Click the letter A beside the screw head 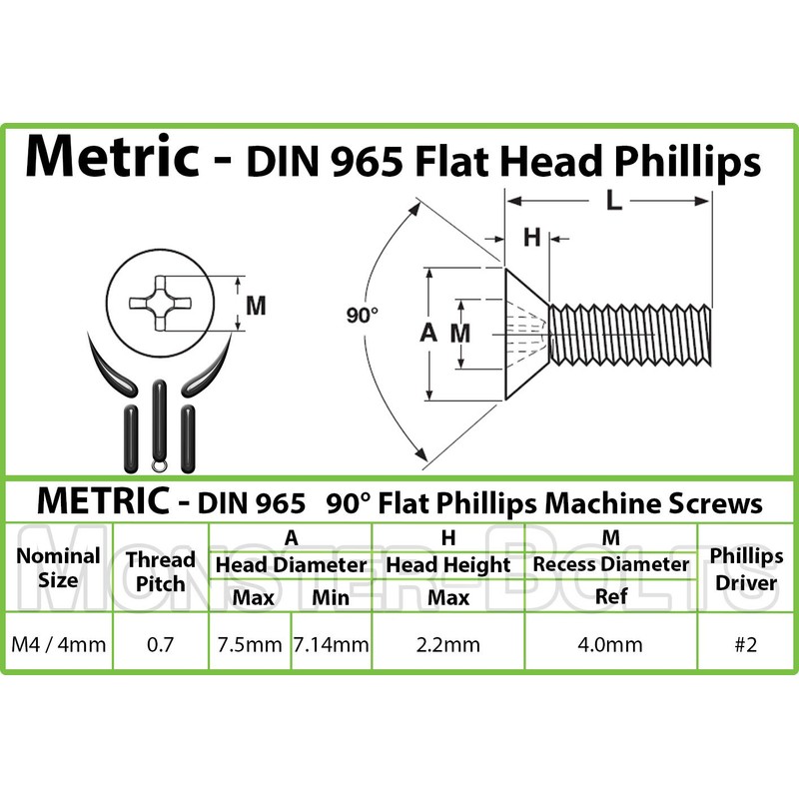[429, 335]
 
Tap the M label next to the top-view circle [256, 307]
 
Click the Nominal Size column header [61, 567]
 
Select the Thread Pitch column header [160, 567]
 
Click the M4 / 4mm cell [61, 644]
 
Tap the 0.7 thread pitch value [160, 644]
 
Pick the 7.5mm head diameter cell [249, 644]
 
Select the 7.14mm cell [331, 644]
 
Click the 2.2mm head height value [447, 644]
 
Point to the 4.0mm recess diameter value [610, 644]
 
